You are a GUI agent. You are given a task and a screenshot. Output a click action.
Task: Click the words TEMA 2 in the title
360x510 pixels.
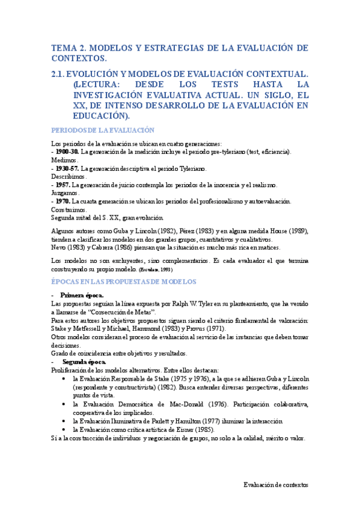tap(70, 48)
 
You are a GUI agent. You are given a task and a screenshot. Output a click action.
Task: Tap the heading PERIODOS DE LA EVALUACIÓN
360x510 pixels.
tap(103, 130)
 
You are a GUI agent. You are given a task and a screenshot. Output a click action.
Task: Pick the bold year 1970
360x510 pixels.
tap(62, 201)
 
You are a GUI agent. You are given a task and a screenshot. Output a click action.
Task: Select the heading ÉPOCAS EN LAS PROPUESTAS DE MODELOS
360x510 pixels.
tap(124, 281)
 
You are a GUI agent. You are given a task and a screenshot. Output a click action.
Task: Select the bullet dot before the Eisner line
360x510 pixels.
tap(65, 431)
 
